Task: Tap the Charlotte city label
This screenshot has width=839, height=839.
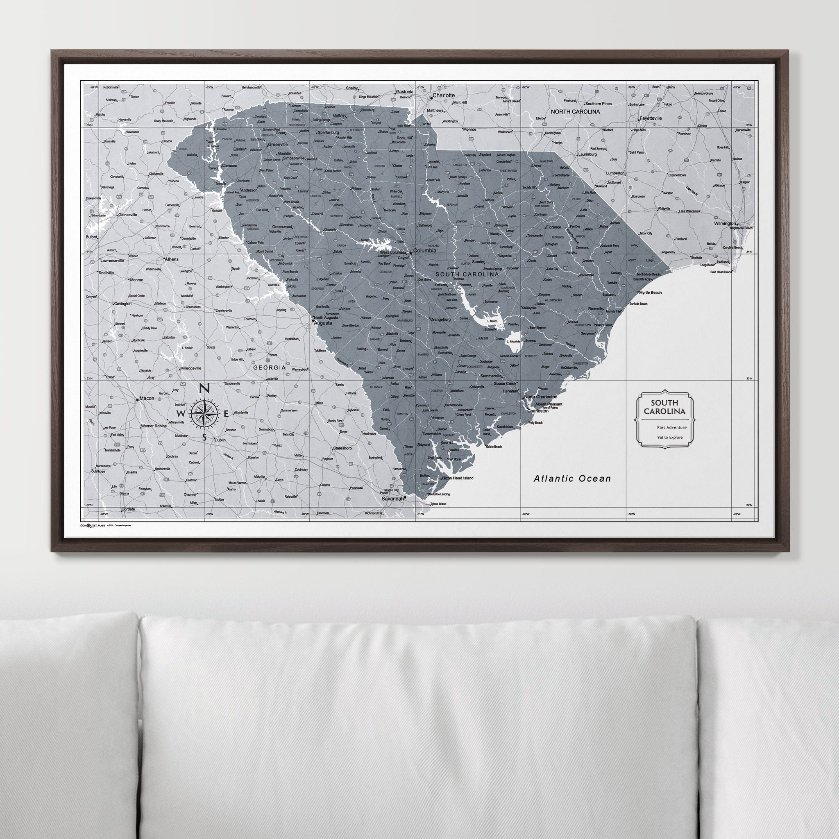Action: (443, 95)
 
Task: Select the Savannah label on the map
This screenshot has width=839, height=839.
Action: (392, 499)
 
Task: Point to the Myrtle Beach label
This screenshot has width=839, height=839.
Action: (650, 293)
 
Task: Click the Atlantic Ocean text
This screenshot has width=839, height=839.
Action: (572, 478)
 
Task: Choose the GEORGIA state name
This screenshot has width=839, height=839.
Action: (269, 367)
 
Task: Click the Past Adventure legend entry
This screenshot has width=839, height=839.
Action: (672, 427)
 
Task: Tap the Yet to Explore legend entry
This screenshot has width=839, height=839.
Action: (670, 437)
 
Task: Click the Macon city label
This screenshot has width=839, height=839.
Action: (147, 398)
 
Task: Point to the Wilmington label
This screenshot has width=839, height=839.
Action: (725, 224)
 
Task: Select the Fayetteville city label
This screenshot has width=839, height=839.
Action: (650, 118)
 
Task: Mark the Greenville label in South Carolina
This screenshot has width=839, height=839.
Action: (278, 144)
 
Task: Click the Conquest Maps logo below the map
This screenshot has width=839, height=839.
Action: (93, 525)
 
